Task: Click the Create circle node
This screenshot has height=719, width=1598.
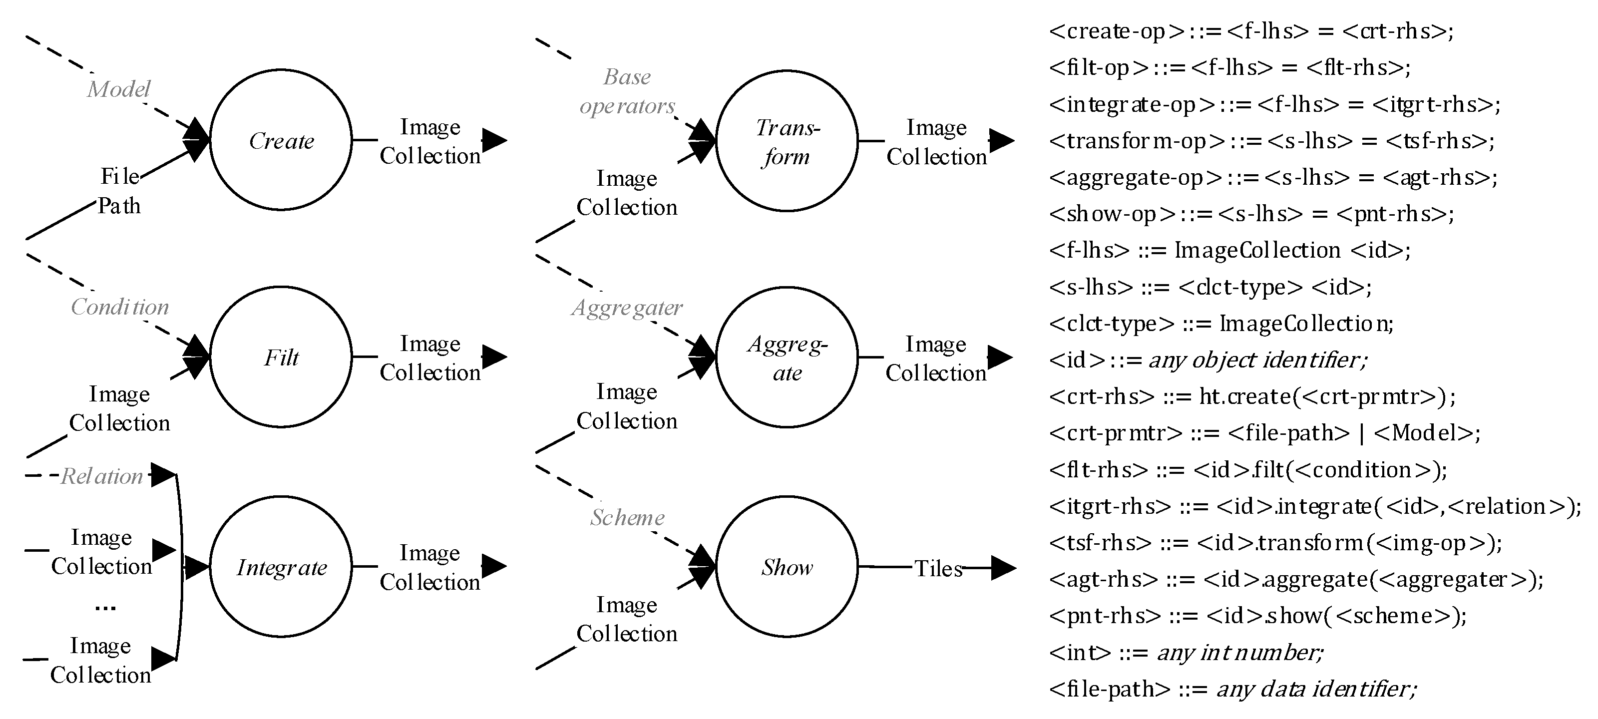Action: (x=281, y=140)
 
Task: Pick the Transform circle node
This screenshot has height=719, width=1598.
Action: (x=787, y=141)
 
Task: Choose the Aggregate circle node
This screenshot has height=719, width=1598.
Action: (x=787, y=358)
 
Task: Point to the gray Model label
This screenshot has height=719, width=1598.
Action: (x=118, y=89)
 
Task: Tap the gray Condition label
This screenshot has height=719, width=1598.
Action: (x=120, y=307)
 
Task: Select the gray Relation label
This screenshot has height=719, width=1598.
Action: (x=102, y=476)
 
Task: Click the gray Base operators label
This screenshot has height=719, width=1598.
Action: (x=627, y=91)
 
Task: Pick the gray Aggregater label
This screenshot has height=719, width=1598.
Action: (x=627, y=307)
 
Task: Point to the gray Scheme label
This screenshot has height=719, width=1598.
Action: (x=627, y=517)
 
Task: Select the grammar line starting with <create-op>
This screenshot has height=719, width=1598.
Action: (x=1250, y=31)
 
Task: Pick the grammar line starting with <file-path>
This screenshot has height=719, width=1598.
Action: (x=1232, y=689)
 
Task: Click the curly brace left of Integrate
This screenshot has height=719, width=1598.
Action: (x=180, y=566)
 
